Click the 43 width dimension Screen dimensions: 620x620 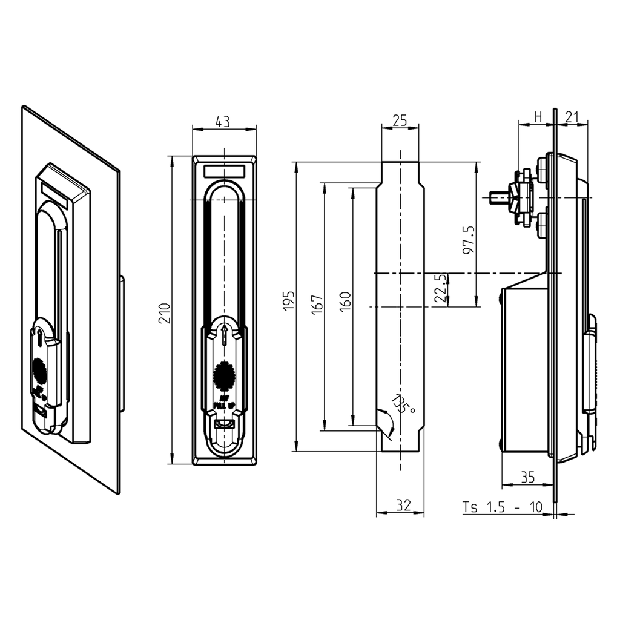(223, 122)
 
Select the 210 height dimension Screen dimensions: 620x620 (164, 312)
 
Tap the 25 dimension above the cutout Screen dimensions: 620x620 (399, 120)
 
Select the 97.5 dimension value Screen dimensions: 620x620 (469, 242)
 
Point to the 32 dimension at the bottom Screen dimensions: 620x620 (400, 504)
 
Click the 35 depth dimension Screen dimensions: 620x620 (527, 478)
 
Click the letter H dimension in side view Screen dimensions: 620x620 (536, 117)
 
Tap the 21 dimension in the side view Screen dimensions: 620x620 (572, 117)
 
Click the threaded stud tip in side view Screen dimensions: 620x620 (493, 197)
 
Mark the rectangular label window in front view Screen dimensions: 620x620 (225, 171)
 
